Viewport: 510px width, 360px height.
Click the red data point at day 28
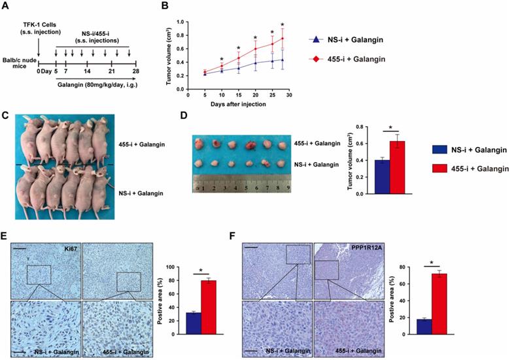282,39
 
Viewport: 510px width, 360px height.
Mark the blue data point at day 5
206,74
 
